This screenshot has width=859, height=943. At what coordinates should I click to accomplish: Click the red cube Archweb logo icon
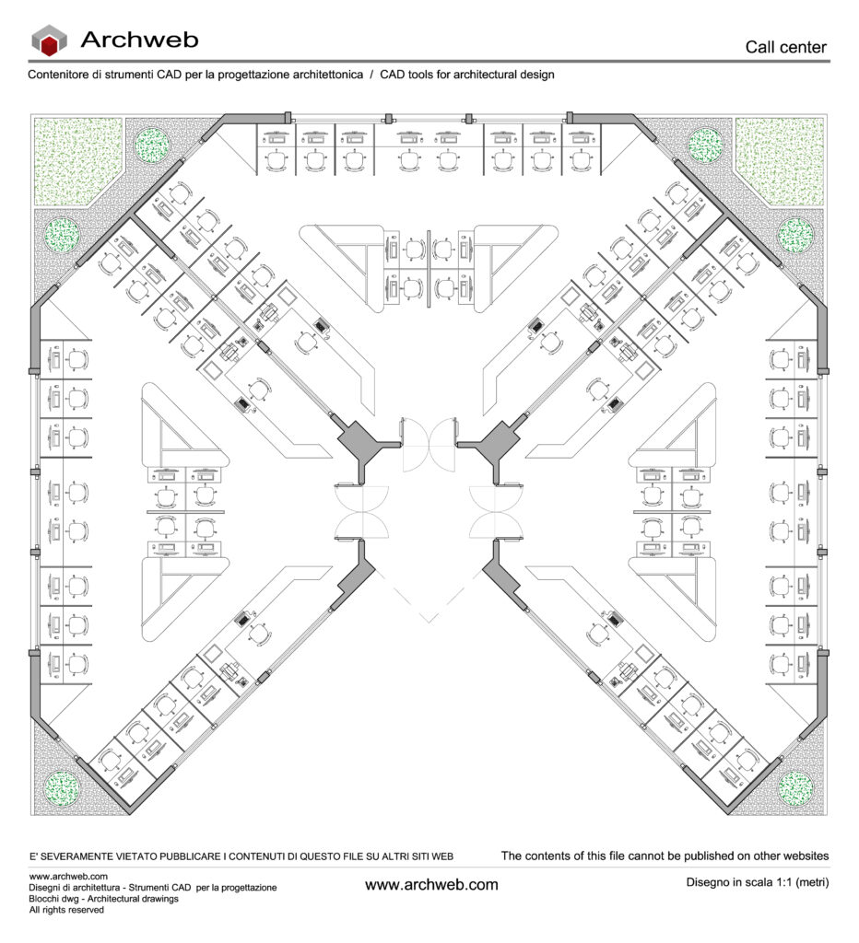pyautogui.click(x=49, y=41)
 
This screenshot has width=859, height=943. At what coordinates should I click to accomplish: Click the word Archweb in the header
pyautogui.click(x=140, y=40)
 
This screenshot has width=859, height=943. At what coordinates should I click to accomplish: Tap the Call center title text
pyautogui.click(x=785, y=47)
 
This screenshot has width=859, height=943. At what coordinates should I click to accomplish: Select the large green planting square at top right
pyautogui.click(x=780, y=160)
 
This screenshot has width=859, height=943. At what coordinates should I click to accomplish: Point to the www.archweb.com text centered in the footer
pyautogui.click(x=431, y=885)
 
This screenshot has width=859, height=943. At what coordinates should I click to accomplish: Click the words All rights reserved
pyautogui.click(x=66, y=910)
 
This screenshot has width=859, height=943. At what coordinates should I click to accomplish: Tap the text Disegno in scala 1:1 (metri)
pyautogui.click(x=758, y=882)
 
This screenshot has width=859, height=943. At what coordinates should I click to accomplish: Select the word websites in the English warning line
pyautogui.click(x=805, y=856)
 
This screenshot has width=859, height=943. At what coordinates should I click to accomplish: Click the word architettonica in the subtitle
pyautogui.click(x=324, y=75)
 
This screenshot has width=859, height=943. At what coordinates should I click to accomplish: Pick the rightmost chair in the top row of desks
pyautogui.click(x=581, y=160)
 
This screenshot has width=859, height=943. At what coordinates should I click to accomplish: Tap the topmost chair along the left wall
pyautogui.click(x=77, y=360)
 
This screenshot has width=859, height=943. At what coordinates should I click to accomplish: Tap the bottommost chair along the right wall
pyautogui.click(x=780, y=664)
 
